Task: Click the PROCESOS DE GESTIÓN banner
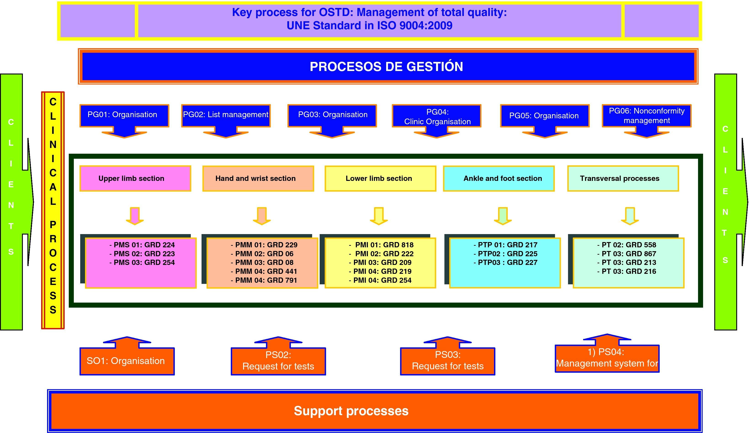click(386, 66)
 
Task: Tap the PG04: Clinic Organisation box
click(437, 116)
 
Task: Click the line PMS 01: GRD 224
click(142, 245)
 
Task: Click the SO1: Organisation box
click(127, 361)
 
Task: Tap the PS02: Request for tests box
click(278, 361)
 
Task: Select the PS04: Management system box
click(607, 358)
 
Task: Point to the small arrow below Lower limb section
click(379, 216)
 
